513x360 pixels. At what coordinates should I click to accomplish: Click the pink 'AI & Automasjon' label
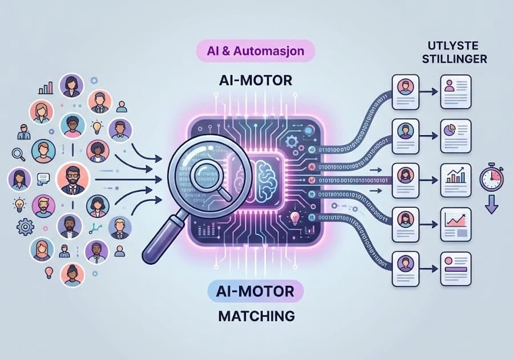256,51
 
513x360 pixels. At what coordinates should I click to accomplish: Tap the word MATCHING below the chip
256,315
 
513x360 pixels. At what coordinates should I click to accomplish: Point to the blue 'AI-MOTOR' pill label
256,291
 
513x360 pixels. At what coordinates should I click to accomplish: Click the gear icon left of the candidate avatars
26,227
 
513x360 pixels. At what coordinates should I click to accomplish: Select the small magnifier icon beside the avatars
18,153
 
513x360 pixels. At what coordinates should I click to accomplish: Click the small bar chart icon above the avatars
45,88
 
